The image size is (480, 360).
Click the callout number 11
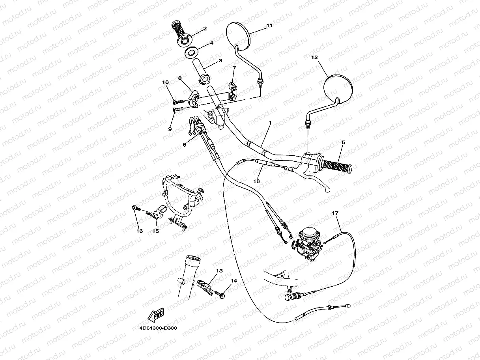coord(270,26)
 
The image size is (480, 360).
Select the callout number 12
coord(314,57)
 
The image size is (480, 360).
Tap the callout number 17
coord(335,214)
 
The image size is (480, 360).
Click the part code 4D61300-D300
coord(158,328)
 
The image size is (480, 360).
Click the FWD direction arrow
coord(156,315)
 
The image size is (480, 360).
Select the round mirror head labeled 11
coord(238,35)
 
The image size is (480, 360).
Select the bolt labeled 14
coord(221,293)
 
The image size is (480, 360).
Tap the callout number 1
coord(270,123)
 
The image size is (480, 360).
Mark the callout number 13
coord(219,271)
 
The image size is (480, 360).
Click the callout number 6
coord(184,145)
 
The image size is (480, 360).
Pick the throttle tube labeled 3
coord(202,71)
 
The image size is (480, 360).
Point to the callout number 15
coord(156,231)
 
